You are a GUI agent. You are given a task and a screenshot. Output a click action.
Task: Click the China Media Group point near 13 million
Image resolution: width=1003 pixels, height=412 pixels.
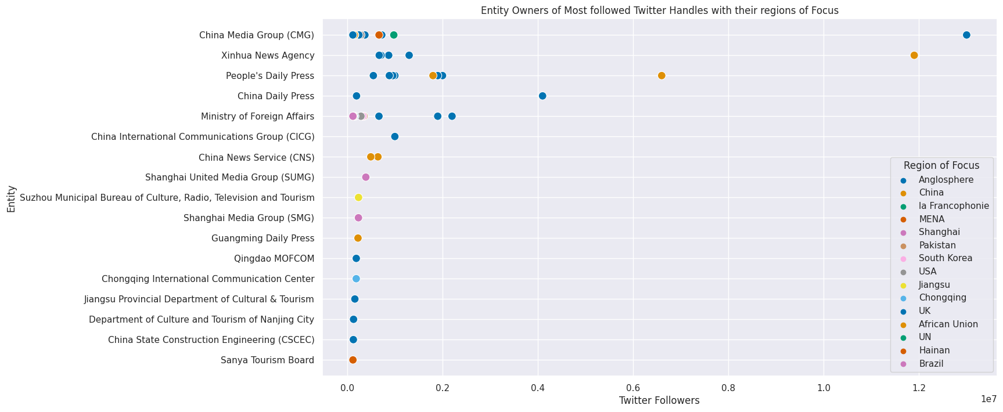click(x=966, y=35)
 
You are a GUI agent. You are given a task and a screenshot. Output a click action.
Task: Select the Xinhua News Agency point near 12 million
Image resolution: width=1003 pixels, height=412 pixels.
click(x=914, y=55)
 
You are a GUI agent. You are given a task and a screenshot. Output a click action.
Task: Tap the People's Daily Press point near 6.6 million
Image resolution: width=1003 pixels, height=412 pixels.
click(x=662, y=75)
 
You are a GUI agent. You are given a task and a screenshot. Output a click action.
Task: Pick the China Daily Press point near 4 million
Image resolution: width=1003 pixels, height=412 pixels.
click(x=542, y=96)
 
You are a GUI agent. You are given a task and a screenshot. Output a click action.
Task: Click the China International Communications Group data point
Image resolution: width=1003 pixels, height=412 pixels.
click(x=395, y=136)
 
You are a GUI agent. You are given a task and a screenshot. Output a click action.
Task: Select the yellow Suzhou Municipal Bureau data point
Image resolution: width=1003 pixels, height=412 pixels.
click(x=358, y=197)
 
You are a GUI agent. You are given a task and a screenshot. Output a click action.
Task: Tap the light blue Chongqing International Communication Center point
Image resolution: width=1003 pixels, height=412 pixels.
click(x=356, y=279)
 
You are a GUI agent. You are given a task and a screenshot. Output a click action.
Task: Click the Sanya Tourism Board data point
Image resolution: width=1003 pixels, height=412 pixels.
click(x=353, y=360)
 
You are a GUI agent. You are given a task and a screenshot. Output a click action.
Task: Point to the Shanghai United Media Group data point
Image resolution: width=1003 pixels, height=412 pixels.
click(x=366, y=177)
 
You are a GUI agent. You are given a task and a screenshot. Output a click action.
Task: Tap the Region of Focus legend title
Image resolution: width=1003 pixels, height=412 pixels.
click(x=941, y=165)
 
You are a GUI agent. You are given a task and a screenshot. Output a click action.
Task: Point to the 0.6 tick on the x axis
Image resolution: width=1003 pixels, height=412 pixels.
click(x=633, y=388)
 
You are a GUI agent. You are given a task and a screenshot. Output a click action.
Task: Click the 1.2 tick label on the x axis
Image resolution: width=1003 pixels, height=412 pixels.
click(x=919, y=388)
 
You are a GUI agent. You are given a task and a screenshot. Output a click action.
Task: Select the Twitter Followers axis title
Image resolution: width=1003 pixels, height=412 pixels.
click(x=659, y=400)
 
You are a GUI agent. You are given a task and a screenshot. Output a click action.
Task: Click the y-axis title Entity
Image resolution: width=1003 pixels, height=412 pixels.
click(x=11, y=198)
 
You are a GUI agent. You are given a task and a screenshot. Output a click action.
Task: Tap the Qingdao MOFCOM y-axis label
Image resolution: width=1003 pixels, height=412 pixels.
click(x=274, y=258)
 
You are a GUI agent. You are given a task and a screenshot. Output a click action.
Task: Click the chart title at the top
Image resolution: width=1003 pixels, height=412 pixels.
click(x=659, y=10)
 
